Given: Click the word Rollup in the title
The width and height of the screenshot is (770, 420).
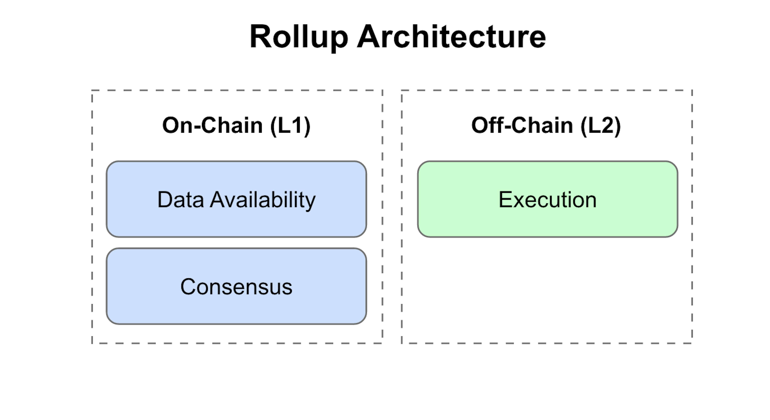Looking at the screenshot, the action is coord(299,37).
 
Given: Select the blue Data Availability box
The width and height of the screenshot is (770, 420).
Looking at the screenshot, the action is coord(236,199).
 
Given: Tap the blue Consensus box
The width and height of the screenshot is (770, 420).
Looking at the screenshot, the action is coord(236,286).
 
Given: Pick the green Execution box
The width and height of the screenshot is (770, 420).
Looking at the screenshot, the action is coord(548,199).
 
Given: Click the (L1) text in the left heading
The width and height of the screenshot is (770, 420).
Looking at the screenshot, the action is coord(290,126).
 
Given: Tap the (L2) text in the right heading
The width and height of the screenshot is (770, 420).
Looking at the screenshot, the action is coord(601,126).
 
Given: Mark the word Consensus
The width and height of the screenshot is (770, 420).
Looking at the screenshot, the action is coord(236,287).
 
